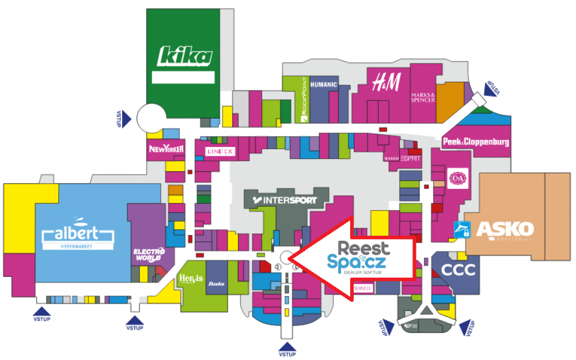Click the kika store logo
click(185, 57)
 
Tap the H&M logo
click(385, 82)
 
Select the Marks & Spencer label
click(423, 97)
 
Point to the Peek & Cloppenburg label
click(476, 142)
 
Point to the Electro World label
click(149, 253)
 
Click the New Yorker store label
click(166, 149)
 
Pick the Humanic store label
click(323, 85)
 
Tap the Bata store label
click(217, 283)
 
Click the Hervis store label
click(191, 279)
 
